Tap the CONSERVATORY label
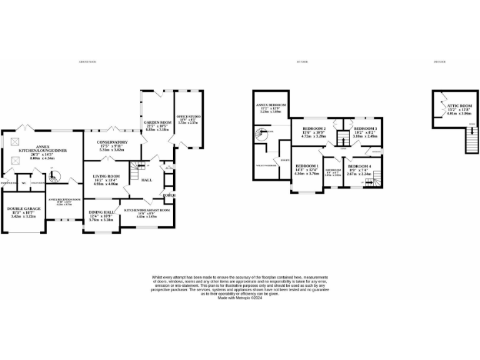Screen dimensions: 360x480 point(112,142)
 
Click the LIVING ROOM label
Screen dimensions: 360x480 point(105,178)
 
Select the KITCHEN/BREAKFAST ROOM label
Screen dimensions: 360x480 point(147,211)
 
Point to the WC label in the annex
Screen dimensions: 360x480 point(24,183)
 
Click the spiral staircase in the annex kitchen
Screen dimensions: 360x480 point(54,177)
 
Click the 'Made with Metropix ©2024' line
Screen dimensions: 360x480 point(240,298)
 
